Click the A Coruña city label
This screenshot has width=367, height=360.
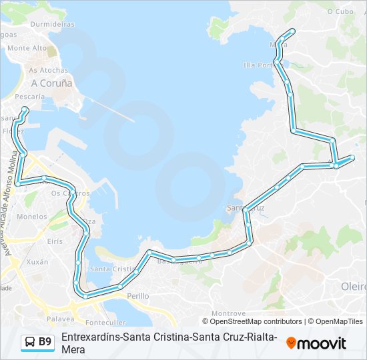tap(51, 83)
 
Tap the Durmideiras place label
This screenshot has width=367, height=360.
tap(51, 24)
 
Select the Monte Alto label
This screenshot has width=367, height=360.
tap(27, 48)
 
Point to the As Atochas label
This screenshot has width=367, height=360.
tap(48, 70)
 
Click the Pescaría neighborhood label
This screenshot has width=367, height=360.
tap(30, 97)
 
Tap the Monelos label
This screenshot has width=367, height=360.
tap(32, 217)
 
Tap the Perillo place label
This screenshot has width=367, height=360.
tap(138, 295)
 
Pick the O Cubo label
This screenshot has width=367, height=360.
tap(340, 11)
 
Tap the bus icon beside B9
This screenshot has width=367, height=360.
tap(30, 342)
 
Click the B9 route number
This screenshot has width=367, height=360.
tap(45, 342)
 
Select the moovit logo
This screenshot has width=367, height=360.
tap(316, 343)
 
